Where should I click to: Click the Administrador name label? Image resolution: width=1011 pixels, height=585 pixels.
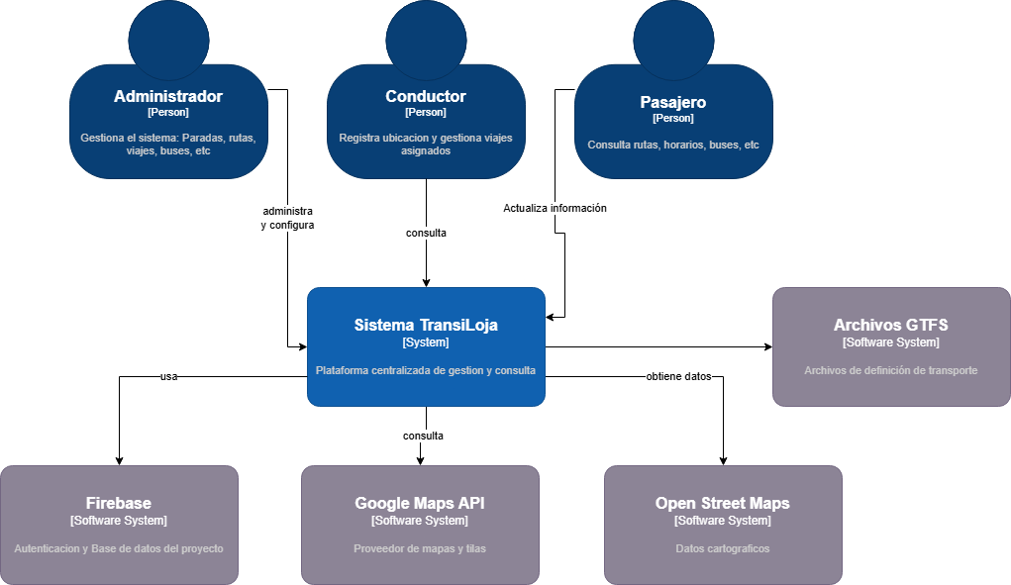coord(168,96)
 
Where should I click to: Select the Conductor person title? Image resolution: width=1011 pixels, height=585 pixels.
coord(426,96)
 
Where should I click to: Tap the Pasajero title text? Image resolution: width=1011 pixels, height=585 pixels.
coord(673,102)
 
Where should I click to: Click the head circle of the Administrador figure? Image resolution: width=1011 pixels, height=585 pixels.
coord(168,40)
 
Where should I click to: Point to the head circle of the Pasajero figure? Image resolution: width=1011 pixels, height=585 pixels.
coord(673,40)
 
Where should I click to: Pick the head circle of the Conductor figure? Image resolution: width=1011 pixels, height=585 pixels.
coord(426,40)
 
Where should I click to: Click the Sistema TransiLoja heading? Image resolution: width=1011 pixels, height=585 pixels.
coord(426,325)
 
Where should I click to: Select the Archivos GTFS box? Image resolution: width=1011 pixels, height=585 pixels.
coord(891,346)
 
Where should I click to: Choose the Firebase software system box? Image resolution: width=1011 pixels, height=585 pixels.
coord(119,524)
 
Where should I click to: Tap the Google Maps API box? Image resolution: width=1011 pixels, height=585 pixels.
coord(420,524)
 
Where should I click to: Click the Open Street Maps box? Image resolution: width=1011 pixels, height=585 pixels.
coord(723,524)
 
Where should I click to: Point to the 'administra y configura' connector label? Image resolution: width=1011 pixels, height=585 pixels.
coord(287,218)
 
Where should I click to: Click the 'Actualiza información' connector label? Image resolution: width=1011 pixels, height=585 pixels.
coord(555,208)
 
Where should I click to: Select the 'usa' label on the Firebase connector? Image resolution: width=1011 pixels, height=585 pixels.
coord(168,376)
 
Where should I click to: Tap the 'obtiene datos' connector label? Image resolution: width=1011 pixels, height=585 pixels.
coord(678,376)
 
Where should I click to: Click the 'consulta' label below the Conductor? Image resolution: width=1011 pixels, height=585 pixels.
coord(426,233)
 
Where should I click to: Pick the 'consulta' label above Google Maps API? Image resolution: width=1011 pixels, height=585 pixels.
coord(423,436)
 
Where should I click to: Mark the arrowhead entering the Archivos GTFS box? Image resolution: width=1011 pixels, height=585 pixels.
coord(766,346)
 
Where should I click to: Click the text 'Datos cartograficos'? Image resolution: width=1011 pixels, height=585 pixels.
coord(723,548)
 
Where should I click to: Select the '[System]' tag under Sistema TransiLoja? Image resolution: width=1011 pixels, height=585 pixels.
coord(426,342)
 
